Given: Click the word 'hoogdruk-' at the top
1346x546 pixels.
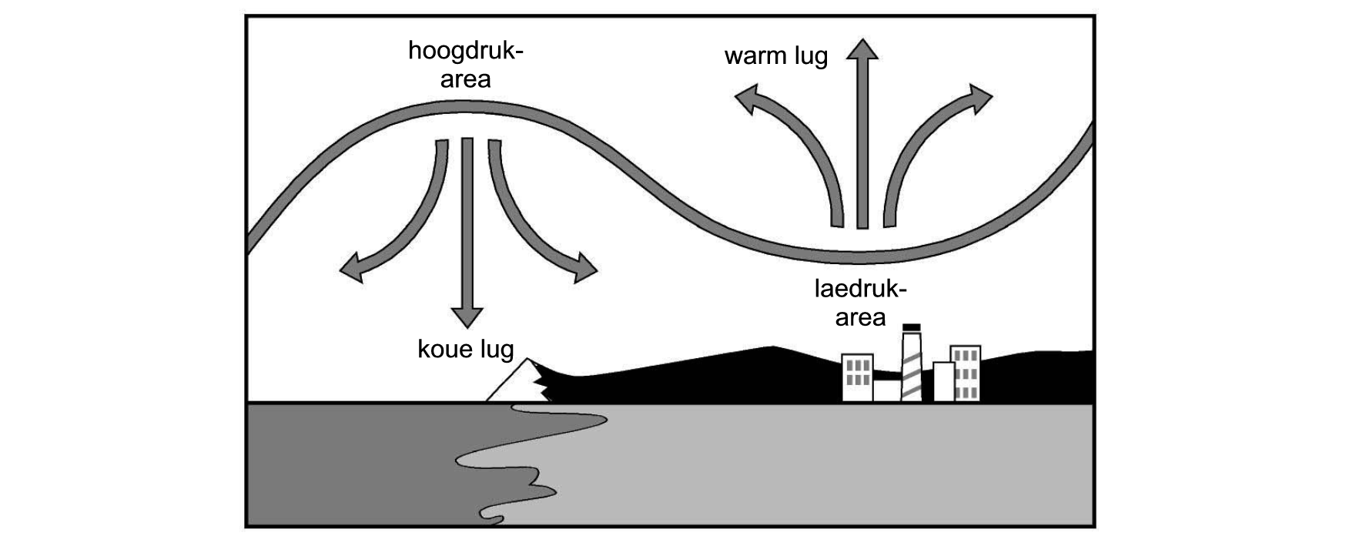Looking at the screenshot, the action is click(x=465, y=53).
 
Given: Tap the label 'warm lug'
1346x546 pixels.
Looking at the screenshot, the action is click(x=776, y=56).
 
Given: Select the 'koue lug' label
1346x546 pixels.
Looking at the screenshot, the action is click(x=465, y=350).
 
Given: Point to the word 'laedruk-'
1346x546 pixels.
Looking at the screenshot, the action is click(x=861, y=290).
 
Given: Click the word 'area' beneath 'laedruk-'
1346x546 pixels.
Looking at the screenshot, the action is click(x=861, y=317).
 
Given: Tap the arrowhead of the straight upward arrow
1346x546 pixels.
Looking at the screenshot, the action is click(x=862, y=49).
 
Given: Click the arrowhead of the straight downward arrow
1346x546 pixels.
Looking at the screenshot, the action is click(x=467, y=317).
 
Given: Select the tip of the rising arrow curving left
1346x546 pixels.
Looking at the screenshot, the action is click(x=735, y=94).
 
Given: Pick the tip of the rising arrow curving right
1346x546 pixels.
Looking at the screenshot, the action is click(x=993, y=97).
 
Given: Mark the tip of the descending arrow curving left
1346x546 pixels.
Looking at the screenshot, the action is click(x=340, y=271).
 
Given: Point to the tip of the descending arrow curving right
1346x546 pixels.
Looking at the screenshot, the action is click(x=598, y=271).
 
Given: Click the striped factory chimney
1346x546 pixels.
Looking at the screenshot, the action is click(x=912, y=366).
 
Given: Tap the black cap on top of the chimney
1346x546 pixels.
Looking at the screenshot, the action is click(x=912, y=327).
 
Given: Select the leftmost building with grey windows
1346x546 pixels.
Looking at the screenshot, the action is click(x=857, y=377).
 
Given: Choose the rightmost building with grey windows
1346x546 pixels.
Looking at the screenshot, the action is click(x=966, y=373).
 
